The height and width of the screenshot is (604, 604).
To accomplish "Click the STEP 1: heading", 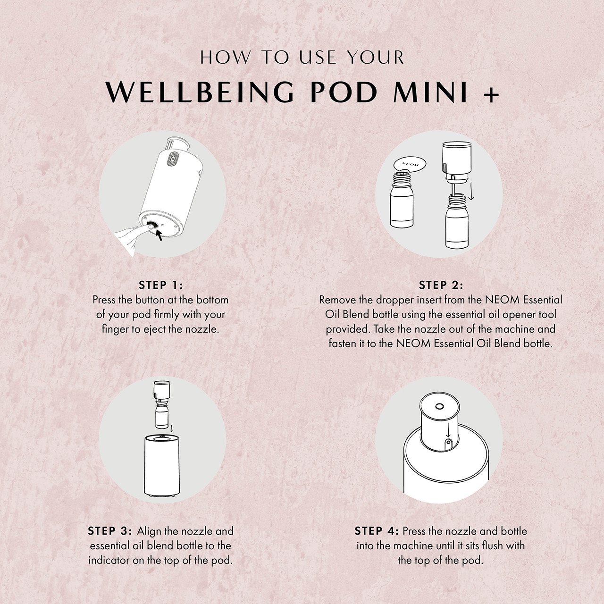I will point(160,285).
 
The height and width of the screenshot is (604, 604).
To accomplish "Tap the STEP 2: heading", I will point(441,285).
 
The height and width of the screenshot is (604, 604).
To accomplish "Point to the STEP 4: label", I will point(377,531).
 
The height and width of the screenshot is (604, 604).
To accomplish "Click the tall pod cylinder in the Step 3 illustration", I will point(162,465).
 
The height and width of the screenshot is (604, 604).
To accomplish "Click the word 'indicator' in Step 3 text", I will point(109,561).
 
